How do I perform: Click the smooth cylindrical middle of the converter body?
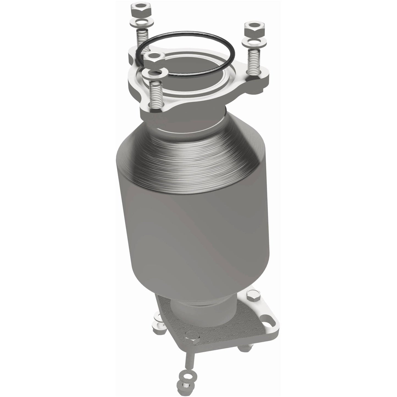[x=192, y=234]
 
